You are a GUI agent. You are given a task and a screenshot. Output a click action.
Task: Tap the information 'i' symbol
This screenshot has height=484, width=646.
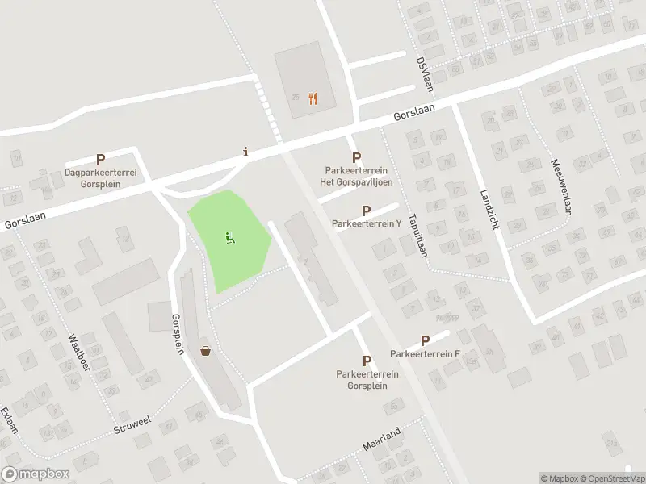pyautogui.click(x=245, y=152)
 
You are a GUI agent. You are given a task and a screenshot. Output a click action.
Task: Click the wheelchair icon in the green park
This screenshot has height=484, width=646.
pyautogui.click(x=230, y=238)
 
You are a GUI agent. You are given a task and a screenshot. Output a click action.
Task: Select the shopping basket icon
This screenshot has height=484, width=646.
pyautogui.click(x=207, y=350)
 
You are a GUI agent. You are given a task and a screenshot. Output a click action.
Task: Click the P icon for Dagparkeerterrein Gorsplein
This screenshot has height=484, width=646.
pyautogui.click(x=101, y=161)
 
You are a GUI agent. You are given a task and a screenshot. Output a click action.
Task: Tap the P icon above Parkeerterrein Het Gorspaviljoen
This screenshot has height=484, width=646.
pyautogui.click(x=356, y=158)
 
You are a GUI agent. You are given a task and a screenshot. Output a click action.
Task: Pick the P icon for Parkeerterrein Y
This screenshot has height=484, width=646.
pyautogui.click(x=366, y=211)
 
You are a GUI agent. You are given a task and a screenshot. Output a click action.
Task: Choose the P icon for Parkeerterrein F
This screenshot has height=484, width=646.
pyautogui.click(x=425, y=341)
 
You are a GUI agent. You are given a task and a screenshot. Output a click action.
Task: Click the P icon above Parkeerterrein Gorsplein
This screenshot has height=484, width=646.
pyautogui.click(x=367, y=361)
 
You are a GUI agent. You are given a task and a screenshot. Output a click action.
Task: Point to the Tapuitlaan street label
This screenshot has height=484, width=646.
pyautogui.click(x=417, y=235)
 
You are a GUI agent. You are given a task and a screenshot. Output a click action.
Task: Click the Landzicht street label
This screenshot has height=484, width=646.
pyautogui.click(x=489, y=210)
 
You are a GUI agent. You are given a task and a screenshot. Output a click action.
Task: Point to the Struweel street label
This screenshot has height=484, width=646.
pyautogui.click(x=132, y=424)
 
